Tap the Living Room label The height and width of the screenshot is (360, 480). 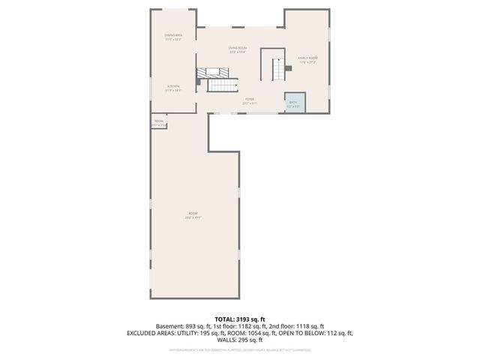tap(238, 50)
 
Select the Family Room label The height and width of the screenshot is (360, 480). tap(307, 60)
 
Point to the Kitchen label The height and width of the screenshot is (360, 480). tap(173, 88)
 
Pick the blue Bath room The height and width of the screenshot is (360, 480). tap(292, 102)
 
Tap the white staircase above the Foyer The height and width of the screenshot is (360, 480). tap(221, 85)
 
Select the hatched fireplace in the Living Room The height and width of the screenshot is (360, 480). tap(214, 73)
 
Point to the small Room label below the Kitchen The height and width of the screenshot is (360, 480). tap(159, 123)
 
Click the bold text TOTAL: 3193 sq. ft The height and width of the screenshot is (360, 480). tap(240, 319)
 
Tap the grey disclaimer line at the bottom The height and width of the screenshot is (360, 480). tap(240, 349)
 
